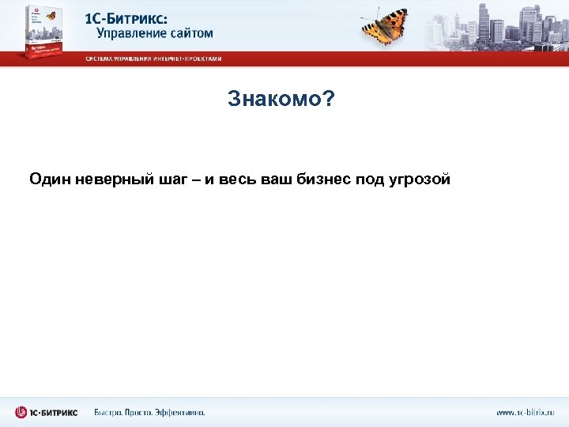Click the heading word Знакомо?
281,99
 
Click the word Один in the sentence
50,179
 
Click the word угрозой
422,180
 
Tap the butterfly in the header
385,25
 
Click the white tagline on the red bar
154,59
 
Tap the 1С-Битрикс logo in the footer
46,412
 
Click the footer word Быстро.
109,412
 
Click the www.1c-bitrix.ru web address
526,412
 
